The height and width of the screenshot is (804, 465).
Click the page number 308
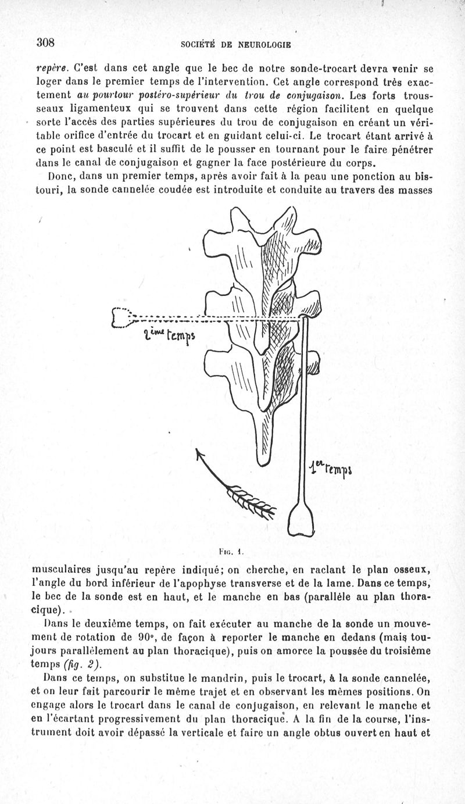[45, 42]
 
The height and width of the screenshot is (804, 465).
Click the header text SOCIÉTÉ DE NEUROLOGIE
[236, 44]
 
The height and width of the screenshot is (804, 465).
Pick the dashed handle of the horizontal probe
[123, 318]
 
